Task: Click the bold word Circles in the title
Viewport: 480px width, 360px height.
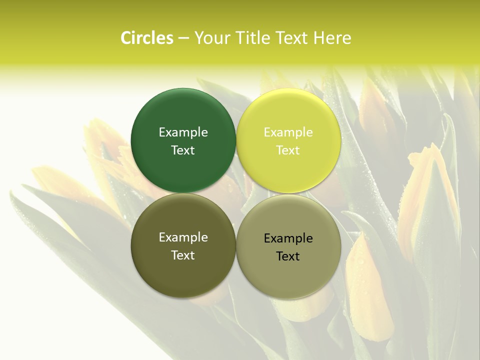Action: tap(147, 38)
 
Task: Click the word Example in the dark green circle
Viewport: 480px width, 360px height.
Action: tap(183, 132)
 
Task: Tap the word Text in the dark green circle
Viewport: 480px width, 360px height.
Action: tap(183, 150)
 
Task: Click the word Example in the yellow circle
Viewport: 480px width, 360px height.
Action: tap(288, 132)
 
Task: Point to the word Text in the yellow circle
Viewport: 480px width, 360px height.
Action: tap(288, 150)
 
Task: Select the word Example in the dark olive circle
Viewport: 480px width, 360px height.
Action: tap(183, 237)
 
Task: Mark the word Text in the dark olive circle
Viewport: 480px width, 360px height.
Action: tap(183, 255)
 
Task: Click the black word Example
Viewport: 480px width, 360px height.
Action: tap(288, 238)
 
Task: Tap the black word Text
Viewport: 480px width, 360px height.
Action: tap(288, 256)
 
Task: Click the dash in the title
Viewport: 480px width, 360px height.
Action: tap(183, 38)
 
